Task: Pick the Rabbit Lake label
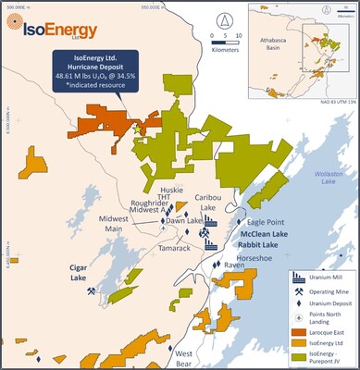(260, 246)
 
